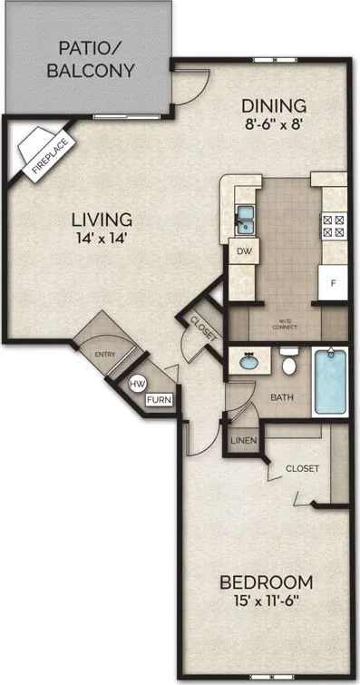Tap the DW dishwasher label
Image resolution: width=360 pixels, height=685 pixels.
243,251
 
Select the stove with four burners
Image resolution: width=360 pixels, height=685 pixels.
333,224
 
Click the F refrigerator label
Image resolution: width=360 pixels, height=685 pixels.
333,283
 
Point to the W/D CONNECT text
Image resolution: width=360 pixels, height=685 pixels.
288,324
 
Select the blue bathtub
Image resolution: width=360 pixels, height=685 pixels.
330,382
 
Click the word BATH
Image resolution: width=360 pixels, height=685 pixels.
281,396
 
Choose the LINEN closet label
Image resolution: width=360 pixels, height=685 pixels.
243,441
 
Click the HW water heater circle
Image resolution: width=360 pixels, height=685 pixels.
138,384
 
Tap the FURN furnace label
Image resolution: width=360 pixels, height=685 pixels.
160,397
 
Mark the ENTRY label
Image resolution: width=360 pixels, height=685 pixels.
106,355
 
